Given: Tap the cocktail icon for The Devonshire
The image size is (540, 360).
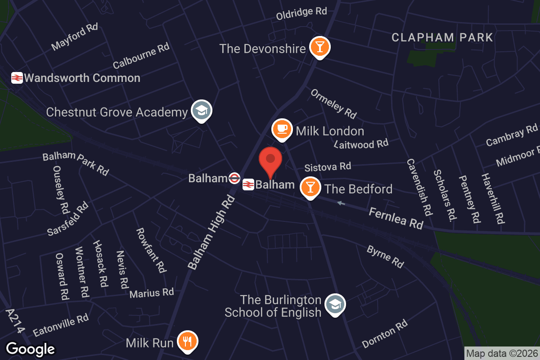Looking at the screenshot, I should [320, 47].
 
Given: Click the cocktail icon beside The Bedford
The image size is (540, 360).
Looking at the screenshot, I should [310, 187].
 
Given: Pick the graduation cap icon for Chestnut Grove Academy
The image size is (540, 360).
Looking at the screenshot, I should [201, 110].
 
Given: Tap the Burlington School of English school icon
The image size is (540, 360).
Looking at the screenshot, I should [334, 305].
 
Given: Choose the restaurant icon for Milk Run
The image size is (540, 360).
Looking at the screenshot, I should [187, 341].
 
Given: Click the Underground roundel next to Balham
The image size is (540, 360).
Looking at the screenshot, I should [234, 178].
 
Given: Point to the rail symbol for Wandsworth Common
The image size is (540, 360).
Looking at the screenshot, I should [17, 78].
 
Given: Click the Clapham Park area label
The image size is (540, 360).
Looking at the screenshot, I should [442, 37].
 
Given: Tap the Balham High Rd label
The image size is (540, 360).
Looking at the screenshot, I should [211, 232].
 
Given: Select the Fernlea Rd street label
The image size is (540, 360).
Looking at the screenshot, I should [396, 218].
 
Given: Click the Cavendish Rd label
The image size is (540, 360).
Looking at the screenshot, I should [419, 186].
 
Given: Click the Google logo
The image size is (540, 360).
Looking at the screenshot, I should [30, 349].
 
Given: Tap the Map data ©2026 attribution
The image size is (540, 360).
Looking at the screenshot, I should [502, 354].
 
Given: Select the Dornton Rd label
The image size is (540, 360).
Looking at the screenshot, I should [385, 334].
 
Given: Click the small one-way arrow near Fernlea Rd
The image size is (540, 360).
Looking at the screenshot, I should [342, 203].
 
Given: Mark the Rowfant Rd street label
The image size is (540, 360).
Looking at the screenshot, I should [151, 250].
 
